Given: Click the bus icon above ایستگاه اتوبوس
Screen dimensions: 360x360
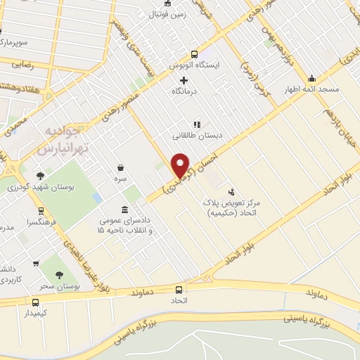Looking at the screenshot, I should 195,54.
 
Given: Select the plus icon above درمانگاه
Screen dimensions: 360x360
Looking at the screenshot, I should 184,80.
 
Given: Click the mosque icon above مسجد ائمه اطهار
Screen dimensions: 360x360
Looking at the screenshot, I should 311,78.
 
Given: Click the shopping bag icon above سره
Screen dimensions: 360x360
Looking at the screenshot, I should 121,168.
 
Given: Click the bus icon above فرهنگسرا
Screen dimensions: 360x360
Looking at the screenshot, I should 41,209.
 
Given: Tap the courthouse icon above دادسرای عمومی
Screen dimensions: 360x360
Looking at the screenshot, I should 125,210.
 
